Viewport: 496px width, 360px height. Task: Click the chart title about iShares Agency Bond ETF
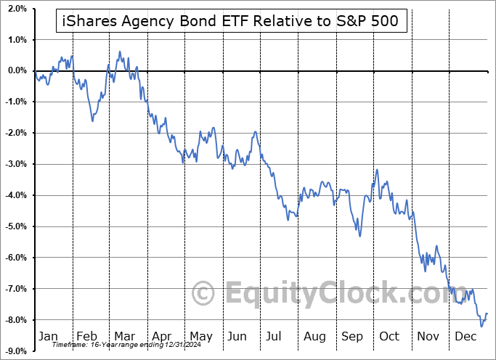231,21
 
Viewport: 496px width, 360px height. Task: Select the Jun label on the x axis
237,336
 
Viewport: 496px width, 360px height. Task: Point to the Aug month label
314,336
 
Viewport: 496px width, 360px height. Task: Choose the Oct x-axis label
389,336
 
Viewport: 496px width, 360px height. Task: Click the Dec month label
466,336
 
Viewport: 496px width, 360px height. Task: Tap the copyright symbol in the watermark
204,294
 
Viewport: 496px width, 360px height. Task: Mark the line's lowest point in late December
481,326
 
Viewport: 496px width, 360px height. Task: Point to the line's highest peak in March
119,52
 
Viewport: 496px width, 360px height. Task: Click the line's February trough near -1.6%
93,120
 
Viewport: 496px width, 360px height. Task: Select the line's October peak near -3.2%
377,169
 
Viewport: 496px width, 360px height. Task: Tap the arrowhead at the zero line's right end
487,70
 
